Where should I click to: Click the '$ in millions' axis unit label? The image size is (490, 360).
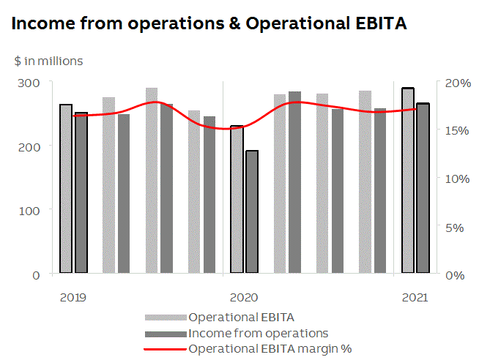48,61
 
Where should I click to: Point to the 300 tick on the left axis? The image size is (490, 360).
31,82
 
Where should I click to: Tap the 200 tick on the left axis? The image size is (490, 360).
31,146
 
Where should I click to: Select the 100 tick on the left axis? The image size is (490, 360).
31,210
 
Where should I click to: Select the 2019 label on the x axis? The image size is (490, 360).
73,297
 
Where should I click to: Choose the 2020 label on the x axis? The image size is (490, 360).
244,297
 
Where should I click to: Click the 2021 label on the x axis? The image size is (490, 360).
415,297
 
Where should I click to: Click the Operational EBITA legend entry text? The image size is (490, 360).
242,318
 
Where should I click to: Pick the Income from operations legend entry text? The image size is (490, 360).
258,333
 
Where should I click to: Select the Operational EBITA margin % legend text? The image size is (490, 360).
270,348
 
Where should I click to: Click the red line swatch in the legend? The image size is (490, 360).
166,348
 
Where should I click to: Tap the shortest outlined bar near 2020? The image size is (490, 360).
252,212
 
